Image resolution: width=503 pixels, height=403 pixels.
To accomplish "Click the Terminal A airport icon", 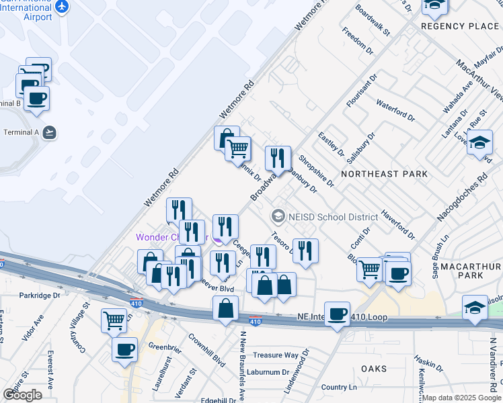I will point(48,132).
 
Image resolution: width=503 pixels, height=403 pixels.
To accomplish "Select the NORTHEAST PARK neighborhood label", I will point(384,174).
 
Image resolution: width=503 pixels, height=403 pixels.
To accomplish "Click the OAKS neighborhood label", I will point(373,369).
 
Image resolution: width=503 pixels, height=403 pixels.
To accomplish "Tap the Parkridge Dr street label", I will point(40,295).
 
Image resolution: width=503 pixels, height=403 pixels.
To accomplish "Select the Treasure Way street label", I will point(276,355).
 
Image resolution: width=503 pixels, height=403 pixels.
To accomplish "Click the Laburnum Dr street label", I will point(267,371).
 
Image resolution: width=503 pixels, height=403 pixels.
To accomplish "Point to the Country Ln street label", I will point(343,387).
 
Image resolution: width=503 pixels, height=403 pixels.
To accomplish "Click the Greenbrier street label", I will point(165,347).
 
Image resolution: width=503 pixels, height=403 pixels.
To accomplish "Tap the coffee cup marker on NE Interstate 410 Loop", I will point(337,314).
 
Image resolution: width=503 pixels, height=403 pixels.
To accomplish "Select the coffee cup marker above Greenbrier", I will point(125,350).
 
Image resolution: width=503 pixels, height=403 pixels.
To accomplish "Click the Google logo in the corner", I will point(22,394).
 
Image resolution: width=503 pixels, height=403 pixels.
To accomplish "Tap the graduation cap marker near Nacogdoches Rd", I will point(479,143).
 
